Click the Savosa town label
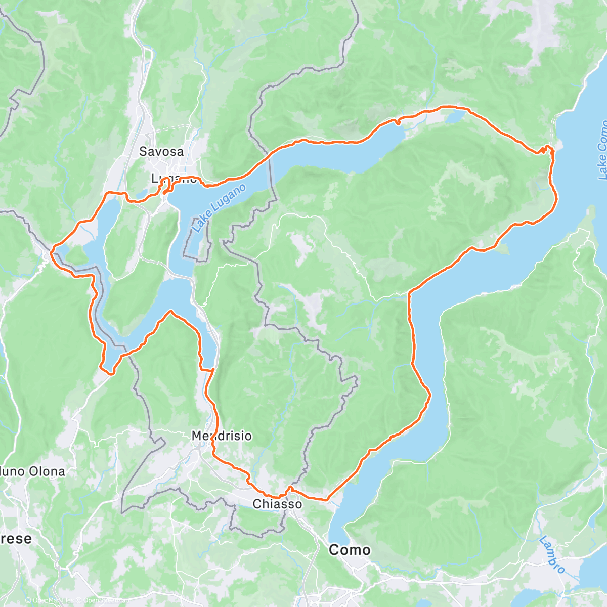tap(161, 151)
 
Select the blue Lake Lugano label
tap(219, 208)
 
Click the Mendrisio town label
tap(222, 436)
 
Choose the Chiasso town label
tap(277, 504)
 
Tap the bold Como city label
tap(350, 550)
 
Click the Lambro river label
tap(552, 554)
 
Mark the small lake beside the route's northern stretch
tap(454, 117)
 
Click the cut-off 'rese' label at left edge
tap(15, 538)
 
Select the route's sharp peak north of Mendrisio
tap(171, 312)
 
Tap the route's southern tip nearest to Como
tap(326, 499)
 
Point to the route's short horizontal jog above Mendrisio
tap(207, 370)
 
